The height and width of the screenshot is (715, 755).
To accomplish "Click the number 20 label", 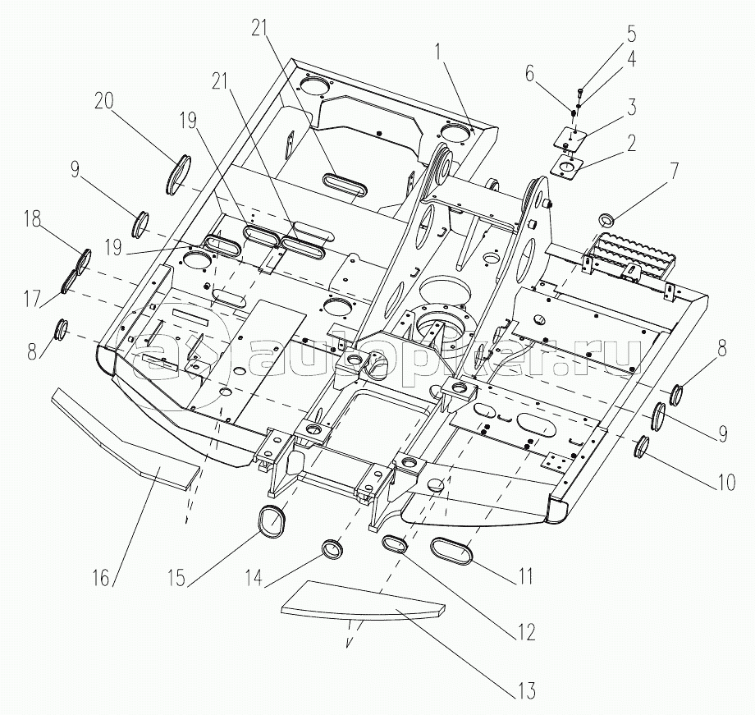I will coord(103,101).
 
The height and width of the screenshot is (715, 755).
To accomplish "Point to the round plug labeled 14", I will coord(332,548).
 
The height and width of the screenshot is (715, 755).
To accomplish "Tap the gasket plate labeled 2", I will coord(565,166).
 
